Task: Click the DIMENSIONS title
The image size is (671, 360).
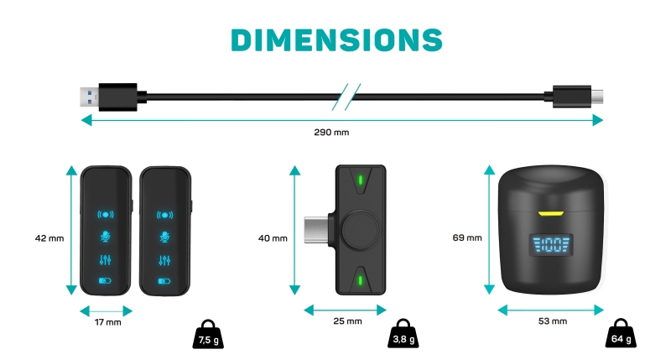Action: tap(336, 39)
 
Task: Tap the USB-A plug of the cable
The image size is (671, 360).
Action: tap(109, 97)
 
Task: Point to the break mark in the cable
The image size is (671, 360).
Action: tap(346, 97)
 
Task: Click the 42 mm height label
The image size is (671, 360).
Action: tap(49, 238)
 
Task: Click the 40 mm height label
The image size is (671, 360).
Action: tap(273, 238)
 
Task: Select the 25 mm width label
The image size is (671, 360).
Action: tap(347, 321)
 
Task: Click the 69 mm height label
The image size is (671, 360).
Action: tap(467, 238)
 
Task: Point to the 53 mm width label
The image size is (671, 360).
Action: tap(551, 321)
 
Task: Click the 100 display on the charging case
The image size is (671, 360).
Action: tap(551, 246)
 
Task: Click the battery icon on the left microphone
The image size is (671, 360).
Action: tap(106, 281)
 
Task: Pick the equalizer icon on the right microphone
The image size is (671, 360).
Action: tap(164, 260)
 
